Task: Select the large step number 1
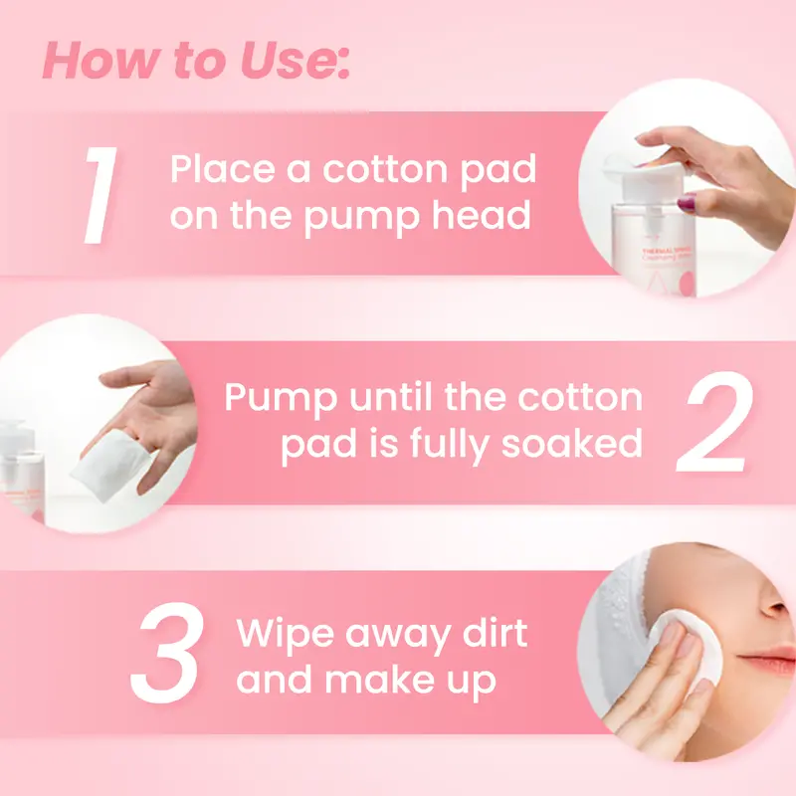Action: coord(101,195)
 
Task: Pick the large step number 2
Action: coord(714,422)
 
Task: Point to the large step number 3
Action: coord(167,653)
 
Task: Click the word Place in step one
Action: coord(222,168)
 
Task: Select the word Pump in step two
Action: coord(281,399)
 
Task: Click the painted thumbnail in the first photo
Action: coord(687,203)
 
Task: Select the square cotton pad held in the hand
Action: coord(111,465)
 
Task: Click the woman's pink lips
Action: coord(767,661)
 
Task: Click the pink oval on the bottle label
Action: coord(687,285)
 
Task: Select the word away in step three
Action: coord(399,636)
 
